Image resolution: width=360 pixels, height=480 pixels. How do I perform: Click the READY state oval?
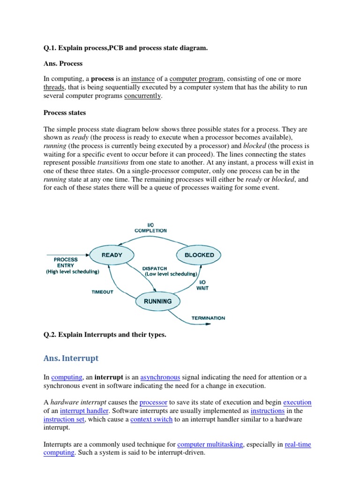[x=112, y=255]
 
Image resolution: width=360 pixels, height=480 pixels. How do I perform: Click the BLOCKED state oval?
[x=199, y=255]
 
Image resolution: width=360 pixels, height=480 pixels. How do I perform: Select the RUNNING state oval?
[x=158, y=301]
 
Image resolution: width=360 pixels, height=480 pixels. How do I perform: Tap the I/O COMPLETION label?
[x=150, y=227]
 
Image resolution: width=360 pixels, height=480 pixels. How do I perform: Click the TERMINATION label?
[x=208, y=318]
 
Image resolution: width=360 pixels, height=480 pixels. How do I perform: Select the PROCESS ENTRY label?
[x=66, y=262]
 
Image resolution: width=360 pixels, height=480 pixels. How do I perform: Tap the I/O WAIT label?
[x=202, y=285]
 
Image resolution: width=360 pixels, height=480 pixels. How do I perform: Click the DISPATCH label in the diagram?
[x=155, y=269]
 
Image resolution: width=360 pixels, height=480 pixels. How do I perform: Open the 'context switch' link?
[x=151, y=419]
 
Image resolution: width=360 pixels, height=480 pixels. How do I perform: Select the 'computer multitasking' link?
[x=210, y=444]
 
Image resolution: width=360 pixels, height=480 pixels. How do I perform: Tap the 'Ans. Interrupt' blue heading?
[x=71, y=358]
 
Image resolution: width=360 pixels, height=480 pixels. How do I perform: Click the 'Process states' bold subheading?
[x=65, y=112]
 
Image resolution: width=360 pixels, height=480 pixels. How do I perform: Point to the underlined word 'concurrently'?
[x=142, y=96]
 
